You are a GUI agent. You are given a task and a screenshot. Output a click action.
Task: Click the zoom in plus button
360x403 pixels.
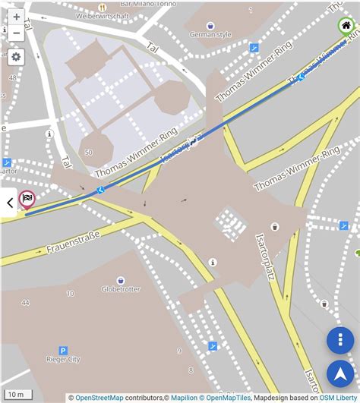point(16,17)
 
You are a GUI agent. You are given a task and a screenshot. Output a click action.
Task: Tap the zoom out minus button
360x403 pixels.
point(16,33)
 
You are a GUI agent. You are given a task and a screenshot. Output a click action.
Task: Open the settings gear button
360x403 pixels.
point(16,57)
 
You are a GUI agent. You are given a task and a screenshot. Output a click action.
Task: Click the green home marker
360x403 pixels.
point(346,27)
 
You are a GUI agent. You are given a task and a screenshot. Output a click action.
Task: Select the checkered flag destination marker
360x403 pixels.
point(27,200)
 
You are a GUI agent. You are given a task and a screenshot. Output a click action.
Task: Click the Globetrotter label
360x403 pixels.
point(123,288)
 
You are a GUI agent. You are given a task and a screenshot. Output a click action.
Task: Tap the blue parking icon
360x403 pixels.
point(63,351)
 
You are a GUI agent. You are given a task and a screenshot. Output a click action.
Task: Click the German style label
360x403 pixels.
point(210,34)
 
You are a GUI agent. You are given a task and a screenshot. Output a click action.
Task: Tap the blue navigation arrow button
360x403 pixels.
point(340,374)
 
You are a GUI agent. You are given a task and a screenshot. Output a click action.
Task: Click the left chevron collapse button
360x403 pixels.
point(9,203)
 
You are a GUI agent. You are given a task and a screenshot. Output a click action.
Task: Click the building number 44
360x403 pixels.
point(26,302)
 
